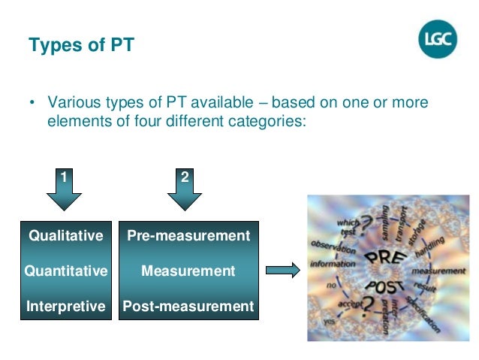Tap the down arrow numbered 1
coord(65,192)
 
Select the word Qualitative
coord(65,235)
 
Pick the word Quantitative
coord(65,271)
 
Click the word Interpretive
coord(65,306)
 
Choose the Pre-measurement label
coord(188,235)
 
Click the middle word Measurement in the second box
coord(188,271)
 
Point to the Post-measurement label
coord(188,306)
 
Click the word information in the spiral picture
coord(333,263)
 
